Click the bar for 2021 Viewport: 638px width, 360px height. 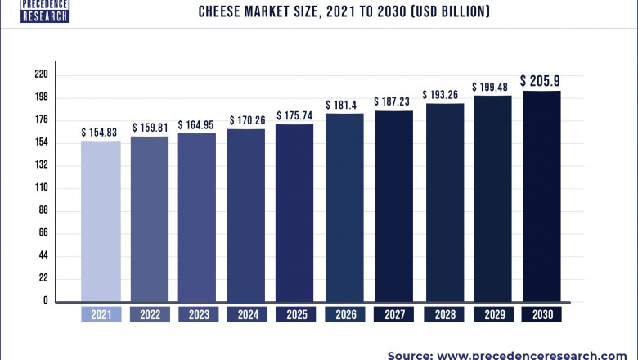point(101,221)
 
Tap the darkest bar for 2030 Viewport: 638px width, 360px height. point(541,196)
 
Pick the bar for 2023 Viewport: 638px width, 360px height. point(197,217)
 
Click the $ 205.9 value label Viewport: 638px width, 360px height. point(541,81)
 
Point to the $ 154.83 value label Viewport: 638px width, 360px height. point(101,132)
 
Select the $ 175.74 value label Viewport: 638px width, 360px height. point(295,115)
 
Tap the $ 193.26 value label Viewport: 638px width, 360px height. point(443,95)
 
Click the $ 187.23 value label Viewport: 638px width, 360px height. point(394,101)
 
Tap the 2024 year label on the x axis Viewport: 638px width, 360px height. point(246,314)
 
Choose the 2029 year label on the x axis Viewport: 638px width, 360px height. point(492,314)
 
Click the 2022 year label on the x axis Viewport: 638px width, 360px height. point(149,314)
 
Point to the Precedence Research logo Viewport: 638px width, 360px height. point(34,11)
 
